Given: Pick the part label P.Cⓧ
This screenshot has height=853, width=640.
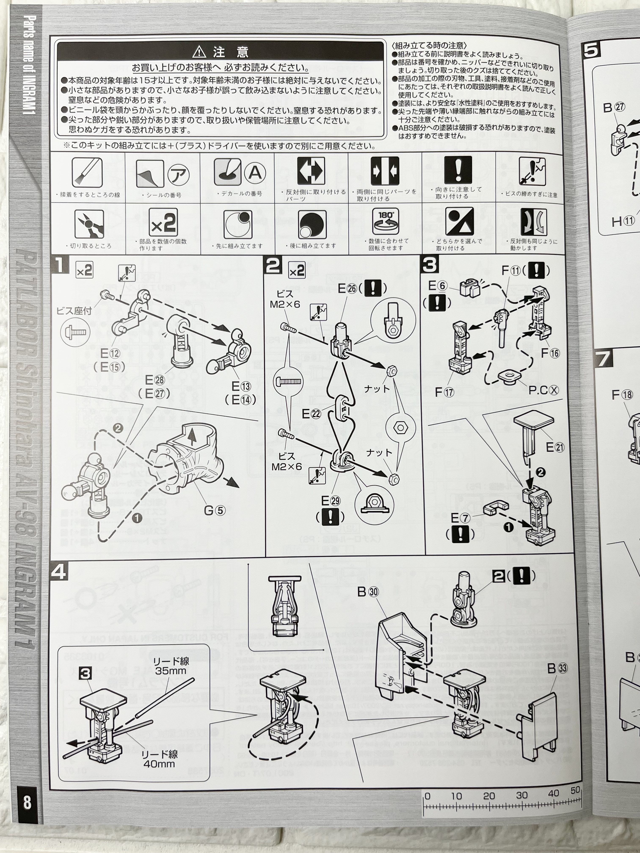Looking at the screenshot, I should click(x=543, y=391).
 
